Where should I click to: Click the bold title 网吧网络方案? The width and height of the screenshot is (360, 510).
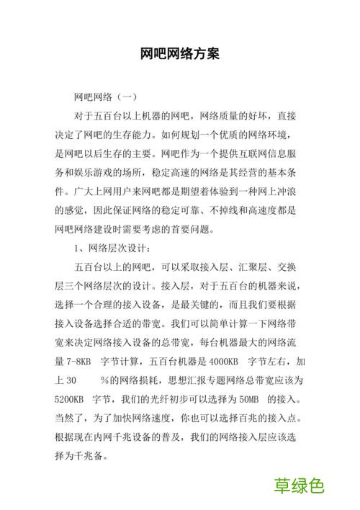tap(180, 54)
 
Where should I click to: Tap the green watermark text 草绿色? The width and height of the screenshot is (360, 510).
tap(299, 486)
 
